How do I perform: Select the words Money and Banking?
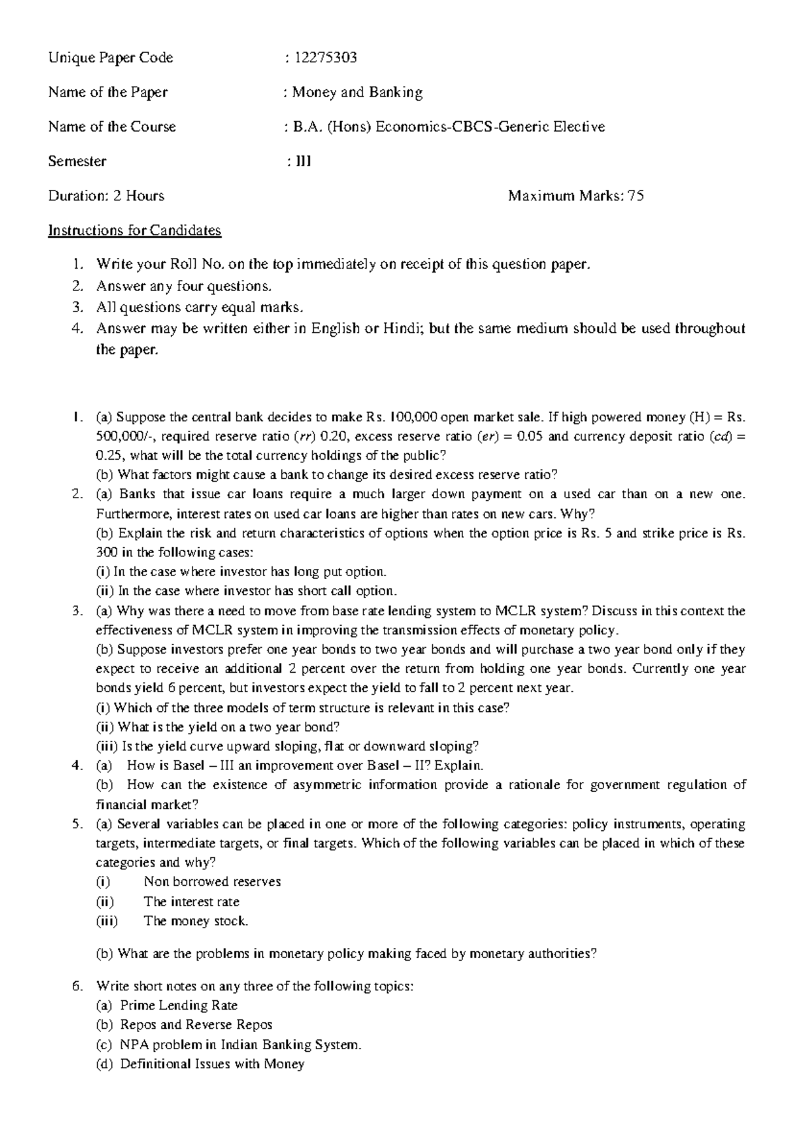click(x=357, y=92)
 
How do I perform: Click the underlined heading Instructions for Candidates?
click(x=134, y=230)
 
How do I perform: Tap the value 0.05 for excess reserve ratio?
click(x=531, y=437)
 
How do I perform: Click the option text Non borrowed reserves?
click(x=212, y=882)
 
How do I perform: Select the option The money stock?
click(x=196, y=921)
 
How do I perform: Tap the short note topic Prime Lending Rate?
click(x=179, y=1006)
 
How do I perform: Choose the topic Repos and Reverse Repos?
click(x=196, y=1025)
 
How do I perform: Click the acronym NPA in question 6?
click(x=132, y=1045)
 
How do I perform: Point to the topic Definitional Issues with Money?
click(x=212, y=1064)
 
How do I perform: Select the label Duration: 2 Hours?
click(x=106, y=196)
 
